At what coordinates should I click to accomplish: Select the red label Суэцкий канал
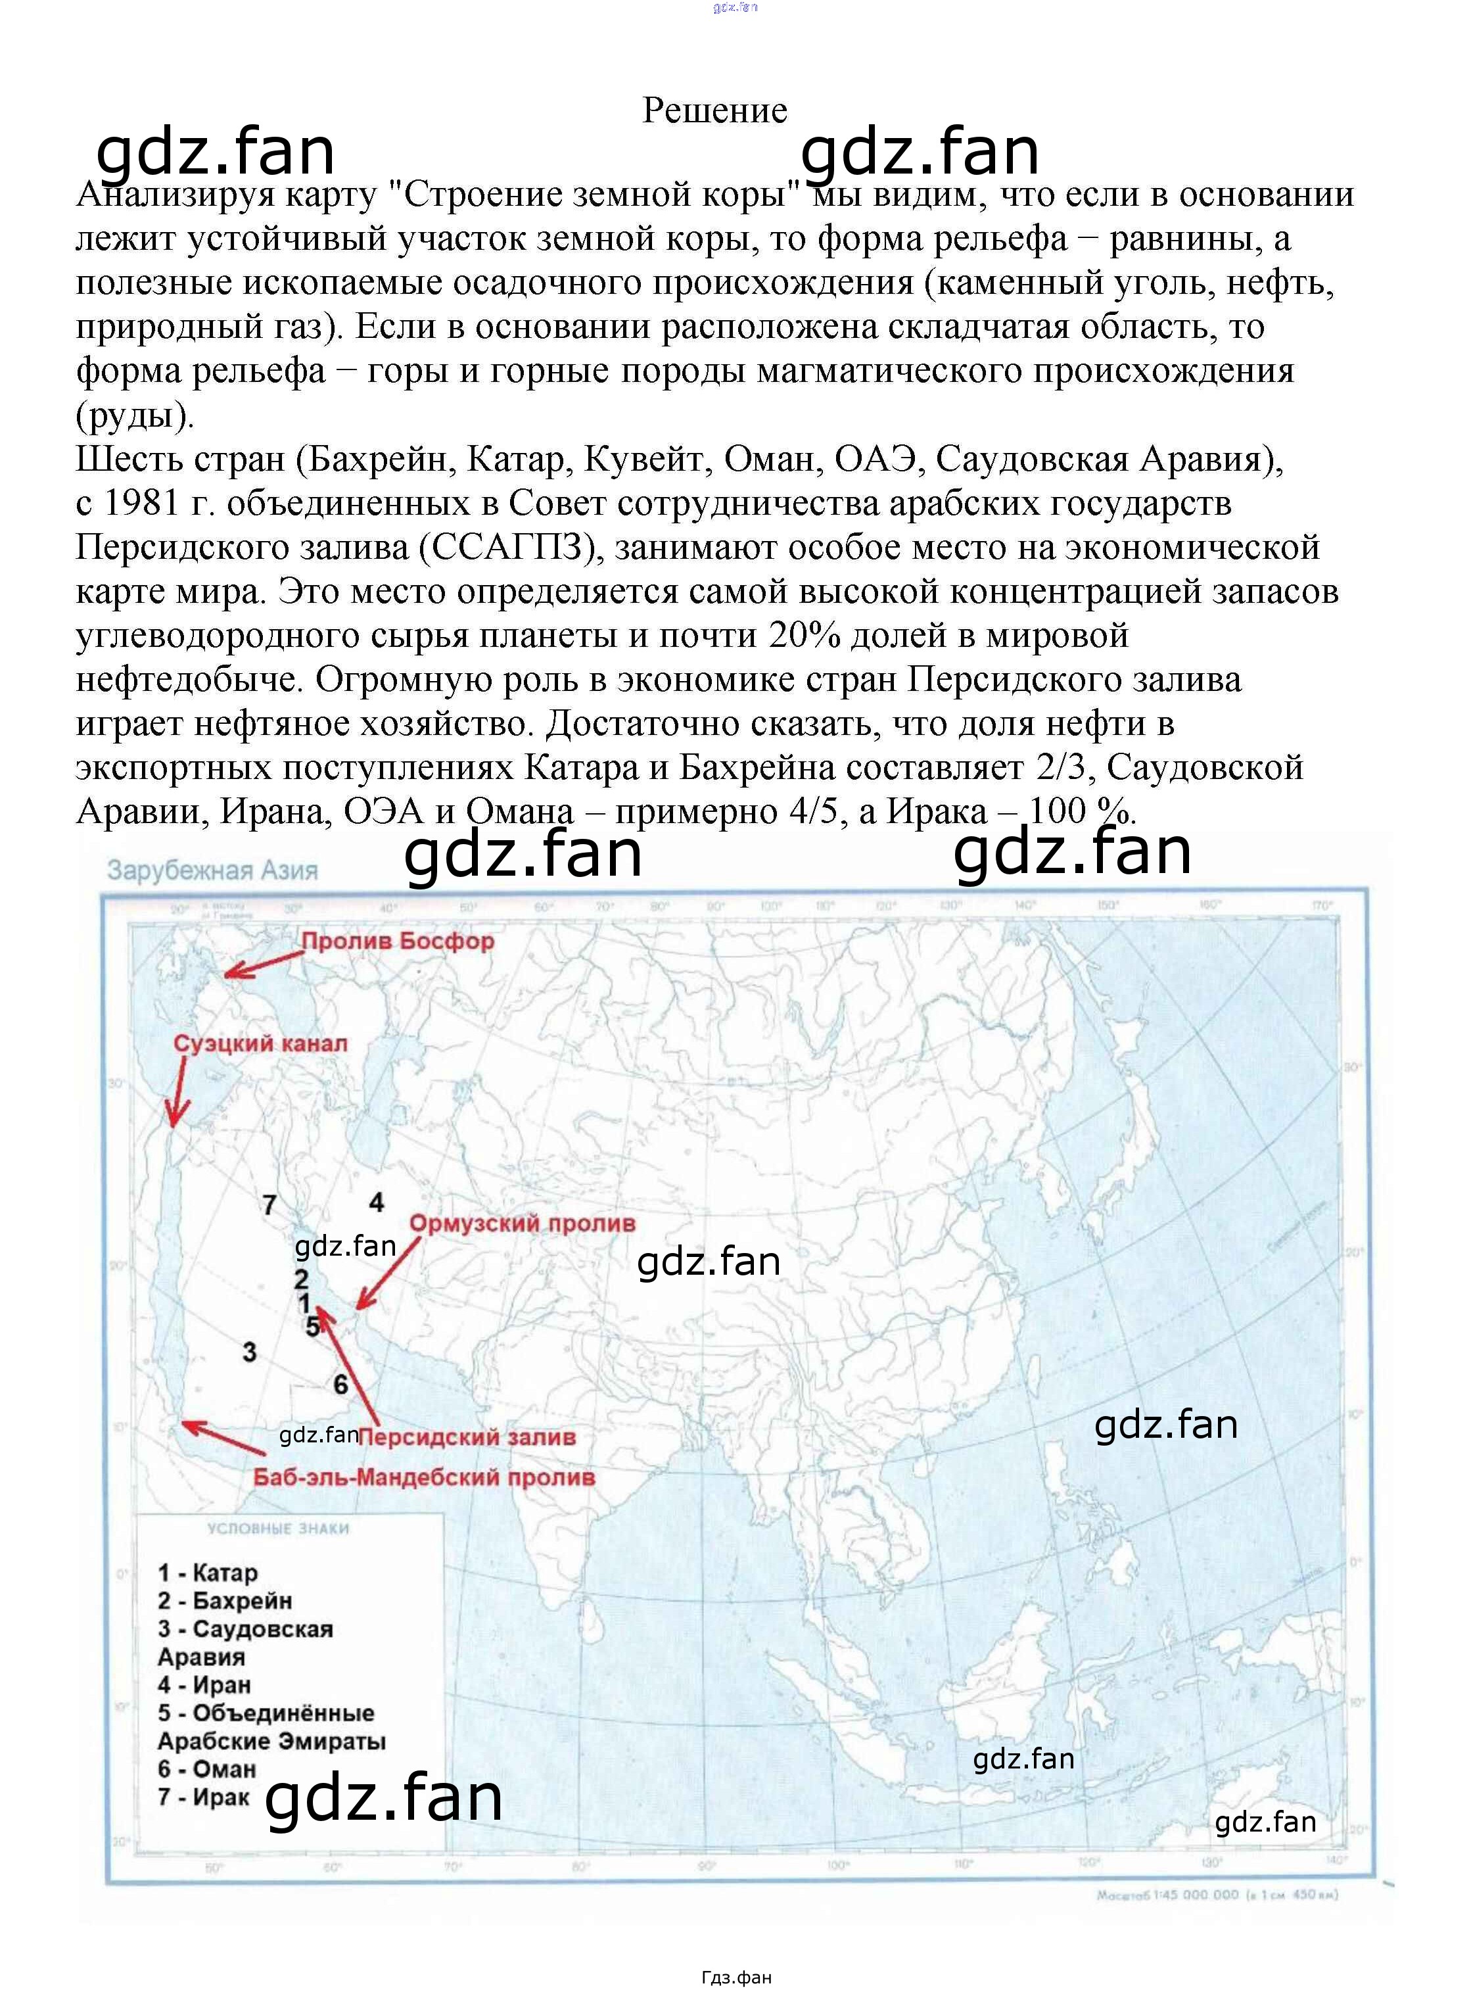click(260, 1043)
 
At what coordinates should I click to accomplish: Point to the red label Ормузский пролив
click(522, 1223)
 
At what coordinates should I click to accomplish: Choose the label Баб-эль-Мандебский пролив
click(424, 1477)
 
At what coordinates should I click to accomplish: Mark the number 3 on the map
click(249, 1352)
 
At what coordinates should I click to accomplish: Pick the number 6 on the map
click(340, 1385)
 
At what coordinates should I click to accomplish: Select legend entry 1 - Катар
click(208, 1573)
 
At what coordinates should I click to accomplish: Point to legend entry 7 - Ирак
click(203, 1797)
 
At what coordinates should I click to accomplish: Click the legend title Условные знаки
click(278, 1528)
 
